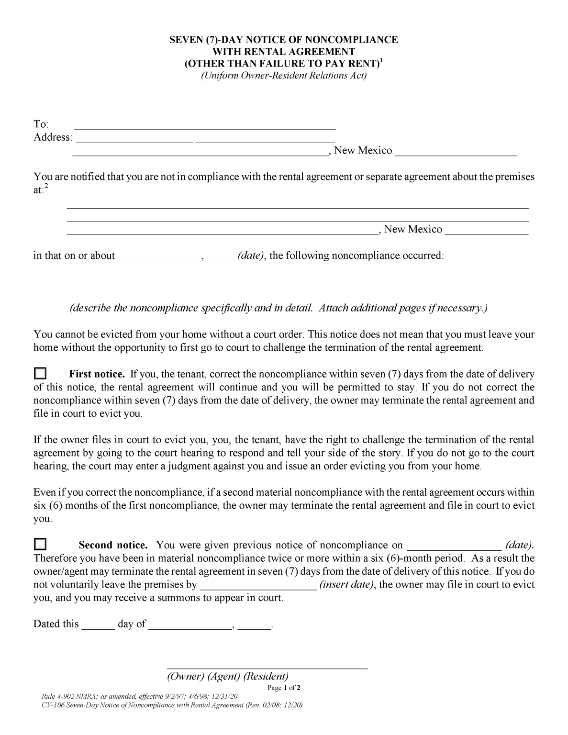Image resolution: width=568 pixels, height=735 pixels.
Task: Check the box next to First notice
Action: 41,373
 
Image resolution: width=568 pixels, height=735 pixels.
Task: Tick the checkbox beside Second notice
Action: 41,544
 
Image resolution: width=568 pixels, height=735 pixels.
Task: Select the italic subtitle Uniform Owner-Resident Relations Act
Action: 284,76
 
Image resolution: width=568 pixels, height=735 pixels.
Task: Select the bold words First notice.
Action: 97,374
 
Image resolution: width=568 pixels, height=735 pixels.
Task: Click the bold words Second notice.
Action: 113,545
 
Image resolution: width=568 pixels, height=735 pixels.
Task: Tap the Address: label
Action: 53,138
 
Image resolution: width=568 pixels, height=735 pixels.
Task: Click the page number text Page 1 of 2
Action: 284,688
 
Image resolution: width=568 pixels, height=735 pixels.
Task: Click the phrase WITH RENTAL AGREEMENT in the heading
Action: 284,52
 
